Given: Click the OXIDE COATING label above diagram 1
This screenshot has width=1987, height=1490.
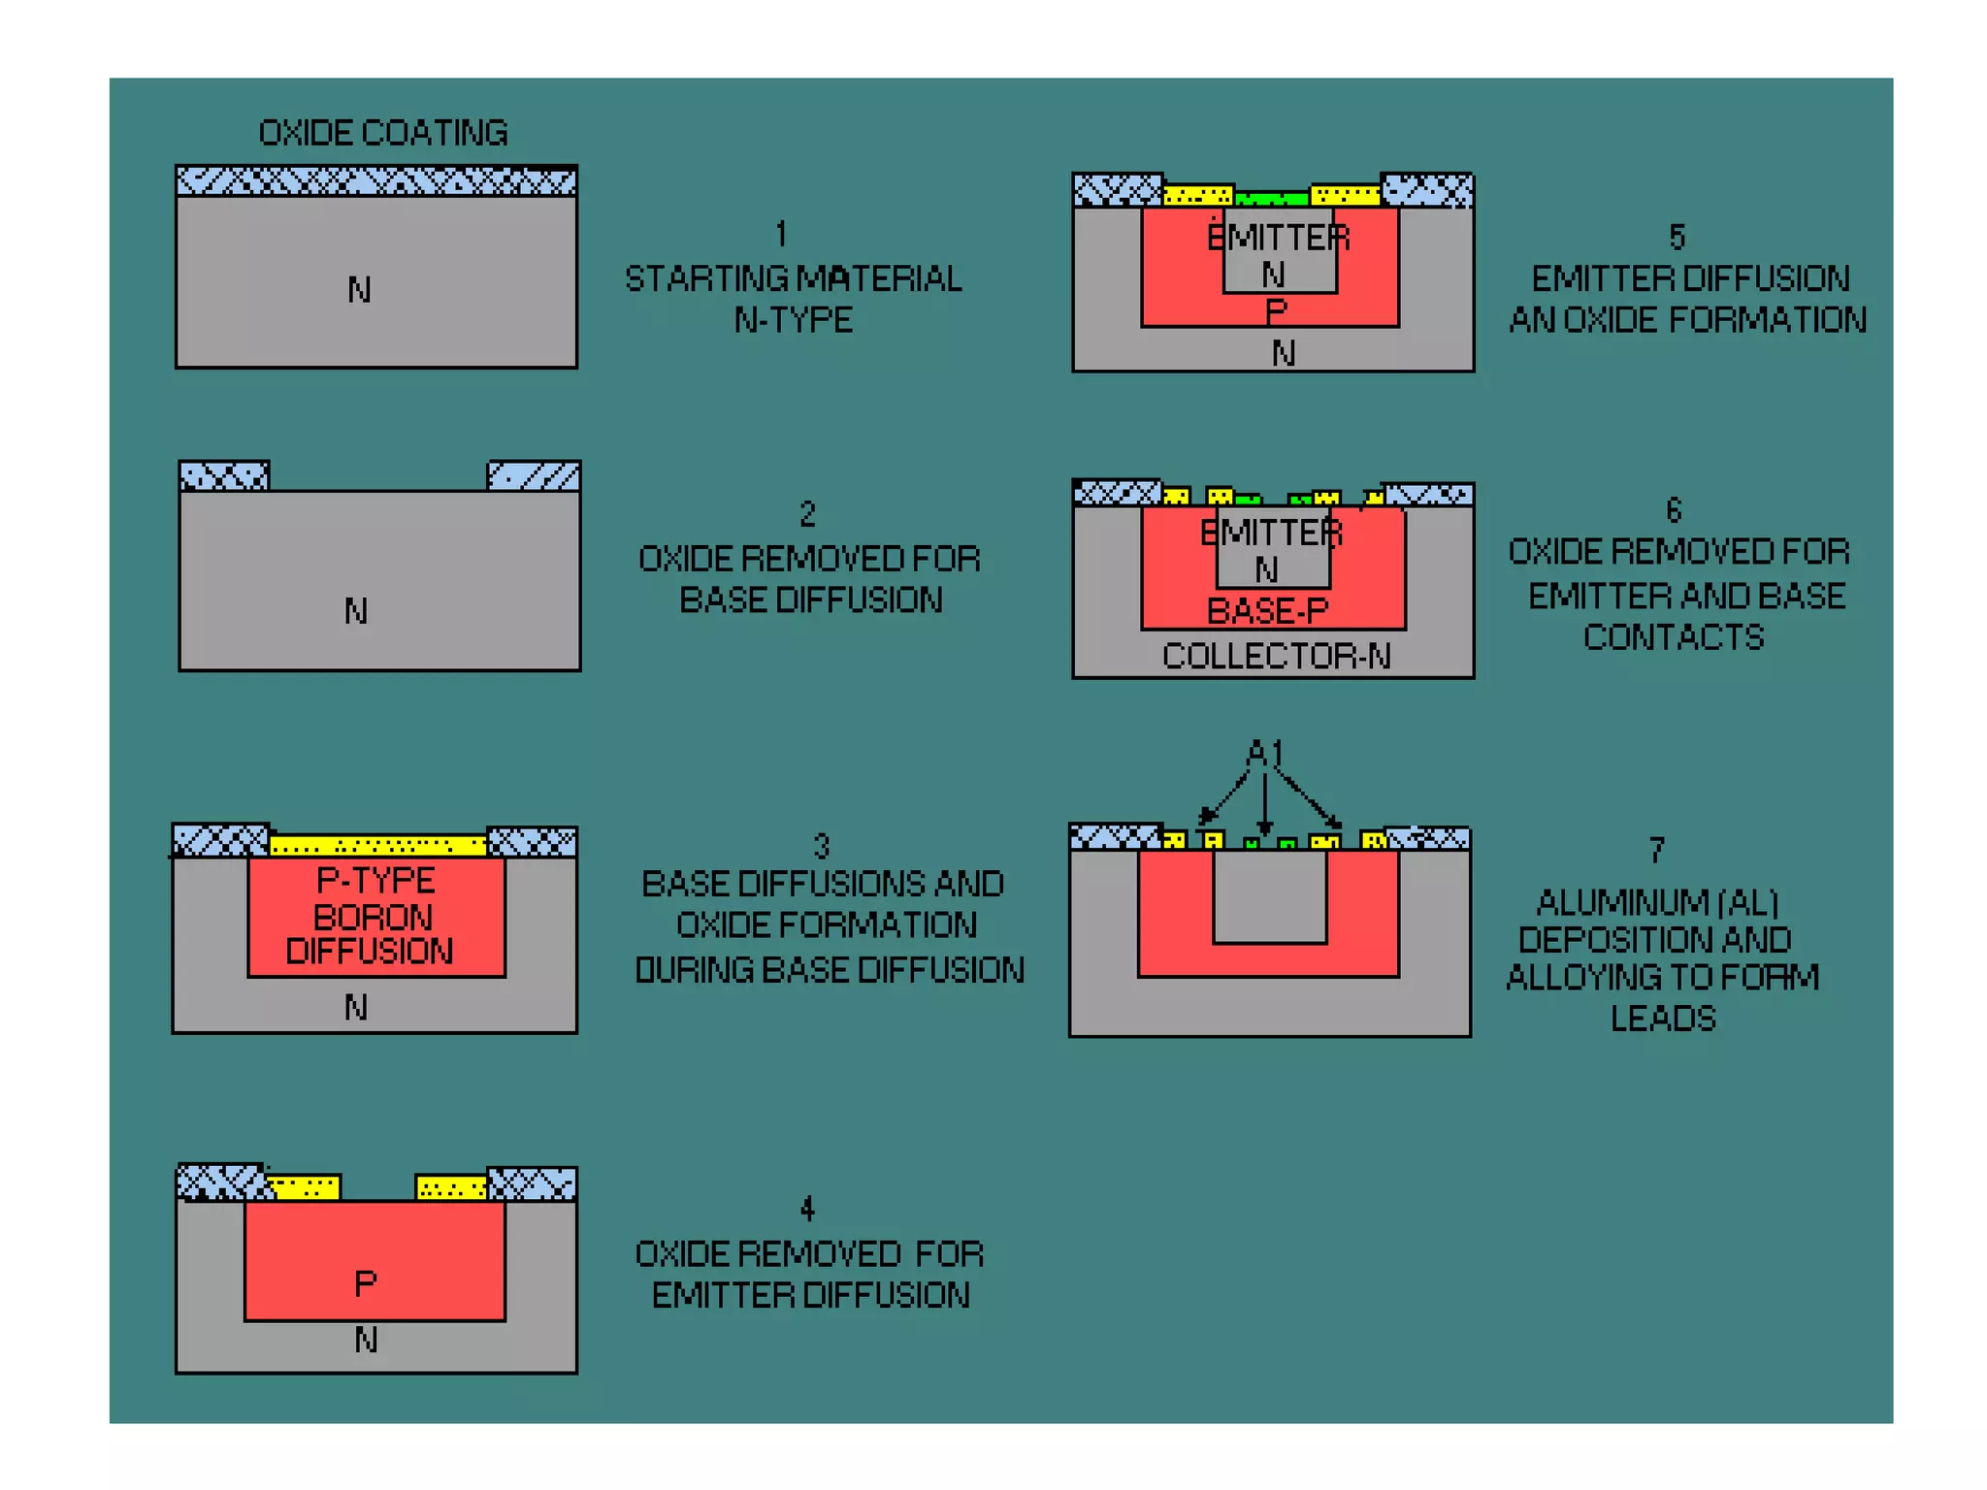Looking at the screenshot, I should pyautogui.click(x=382, y=133).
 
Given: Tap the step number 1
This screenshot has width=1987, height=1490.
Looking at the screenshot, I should pyautogui.click(x=781, y=234).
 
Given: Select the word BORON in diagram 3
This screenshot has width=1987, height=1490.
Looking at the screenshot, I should pyautogui.click(x=373, y=917).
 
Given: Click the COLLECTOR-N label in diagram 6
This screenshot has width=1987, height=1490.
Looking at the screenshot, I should pyautogui.click(x=1276, y=656).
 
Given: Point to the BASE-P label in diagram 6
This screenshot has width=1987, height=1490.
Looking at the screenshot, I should pyautogui.click(x=1267, y=611).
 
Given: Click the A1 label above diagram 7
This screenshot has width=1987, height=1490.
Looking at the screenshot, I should pyautogui.click(x=1264, y=752).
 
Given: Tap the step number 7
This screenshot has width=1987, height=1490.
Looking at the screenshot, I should pyautogui.click(x=1657, y=850).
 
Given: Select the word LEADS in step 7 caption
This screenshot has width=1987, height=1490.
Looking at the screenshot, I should pyautogui.click(x=1663, y=1018).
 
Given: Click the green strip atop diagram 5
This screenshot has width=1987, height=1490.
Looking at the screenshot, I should pyautogui.click(x=1272, y=199).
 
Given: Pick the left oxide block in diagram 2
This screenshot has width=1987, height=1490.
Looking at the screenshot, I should pyautogui.click(x=224, y=476).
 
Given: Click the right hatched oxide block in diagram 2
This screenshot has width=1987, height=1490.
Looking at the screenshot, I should pyautogui.click(x=534, y=476).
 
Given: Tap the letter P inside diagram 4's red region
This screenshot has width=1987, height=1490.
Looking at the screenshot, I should pyautogui.click(x=365, y=1283).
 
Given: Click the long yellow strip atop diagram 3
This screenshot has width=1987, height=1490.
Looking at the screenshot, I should pyautogui.click(x=377, y=845).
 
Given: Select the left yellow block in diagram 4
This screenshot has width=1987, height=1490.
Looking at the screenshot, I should pyautogui.click(x=304, y=1187).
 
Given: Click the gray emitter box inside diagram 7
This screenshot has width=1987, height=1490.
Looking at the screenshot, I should pyautogui.click(x=1269, y=897).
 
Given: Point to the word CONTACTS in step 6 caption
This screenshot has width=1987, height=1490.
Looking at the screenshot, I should pyautogui.click(x=1674, y=637).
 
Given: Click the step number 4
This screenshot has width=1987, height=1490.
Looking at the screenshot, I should pyautogui.click(x=807, y=1208).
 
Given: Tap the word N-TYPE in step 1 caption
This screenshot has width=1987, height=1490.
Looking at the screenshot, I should pyautogui.click(x=794, y=320).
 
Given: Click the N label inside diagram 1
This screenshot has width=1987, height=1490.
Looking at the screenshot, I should pyautogui.click(x=359, y=289).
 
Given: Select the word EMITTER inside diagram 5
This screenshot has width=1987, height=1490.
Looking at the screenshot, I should pyautogui.click(x=1278, y=238).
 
